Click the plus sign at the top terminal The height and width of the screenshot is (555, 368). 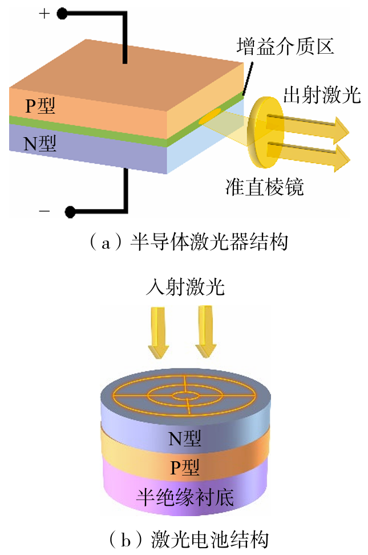(44, 14)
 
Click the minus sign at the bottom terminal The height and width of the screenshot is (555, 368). (44, 211)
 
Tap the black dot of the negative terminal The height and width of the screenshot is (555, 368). (70, 212)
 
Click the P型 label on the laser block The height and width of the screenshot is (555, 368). (40, 106)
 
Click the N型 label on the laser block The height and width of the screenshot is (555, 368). (40, 143)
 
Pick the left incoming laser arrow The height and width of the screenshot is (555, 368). (158, 333)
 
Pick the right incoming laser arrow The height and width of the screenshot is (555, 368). (206, 333)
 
